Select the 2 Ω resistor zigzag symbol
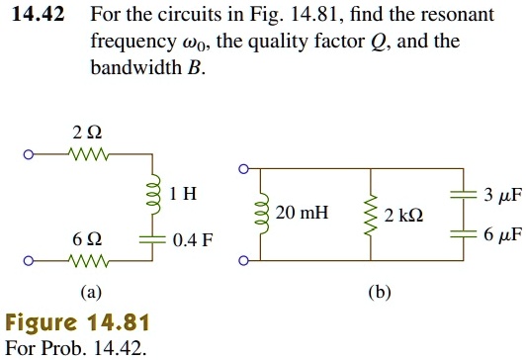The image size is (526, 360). [x=86, y=154]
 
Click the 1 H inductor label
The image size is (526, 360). [x=182, y=194]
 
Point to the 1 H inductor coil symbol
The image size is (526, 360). [x=151, y=194]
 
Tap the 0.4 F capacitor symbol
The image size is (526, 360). [x=151, y=238]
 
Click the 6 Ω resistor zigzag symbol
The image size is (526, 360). [x=86, y=261]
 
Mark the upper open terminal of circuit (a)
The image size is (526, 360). [x=30, y=154]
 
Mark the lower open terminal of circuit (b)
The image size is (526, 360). [x=243, y=261]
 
